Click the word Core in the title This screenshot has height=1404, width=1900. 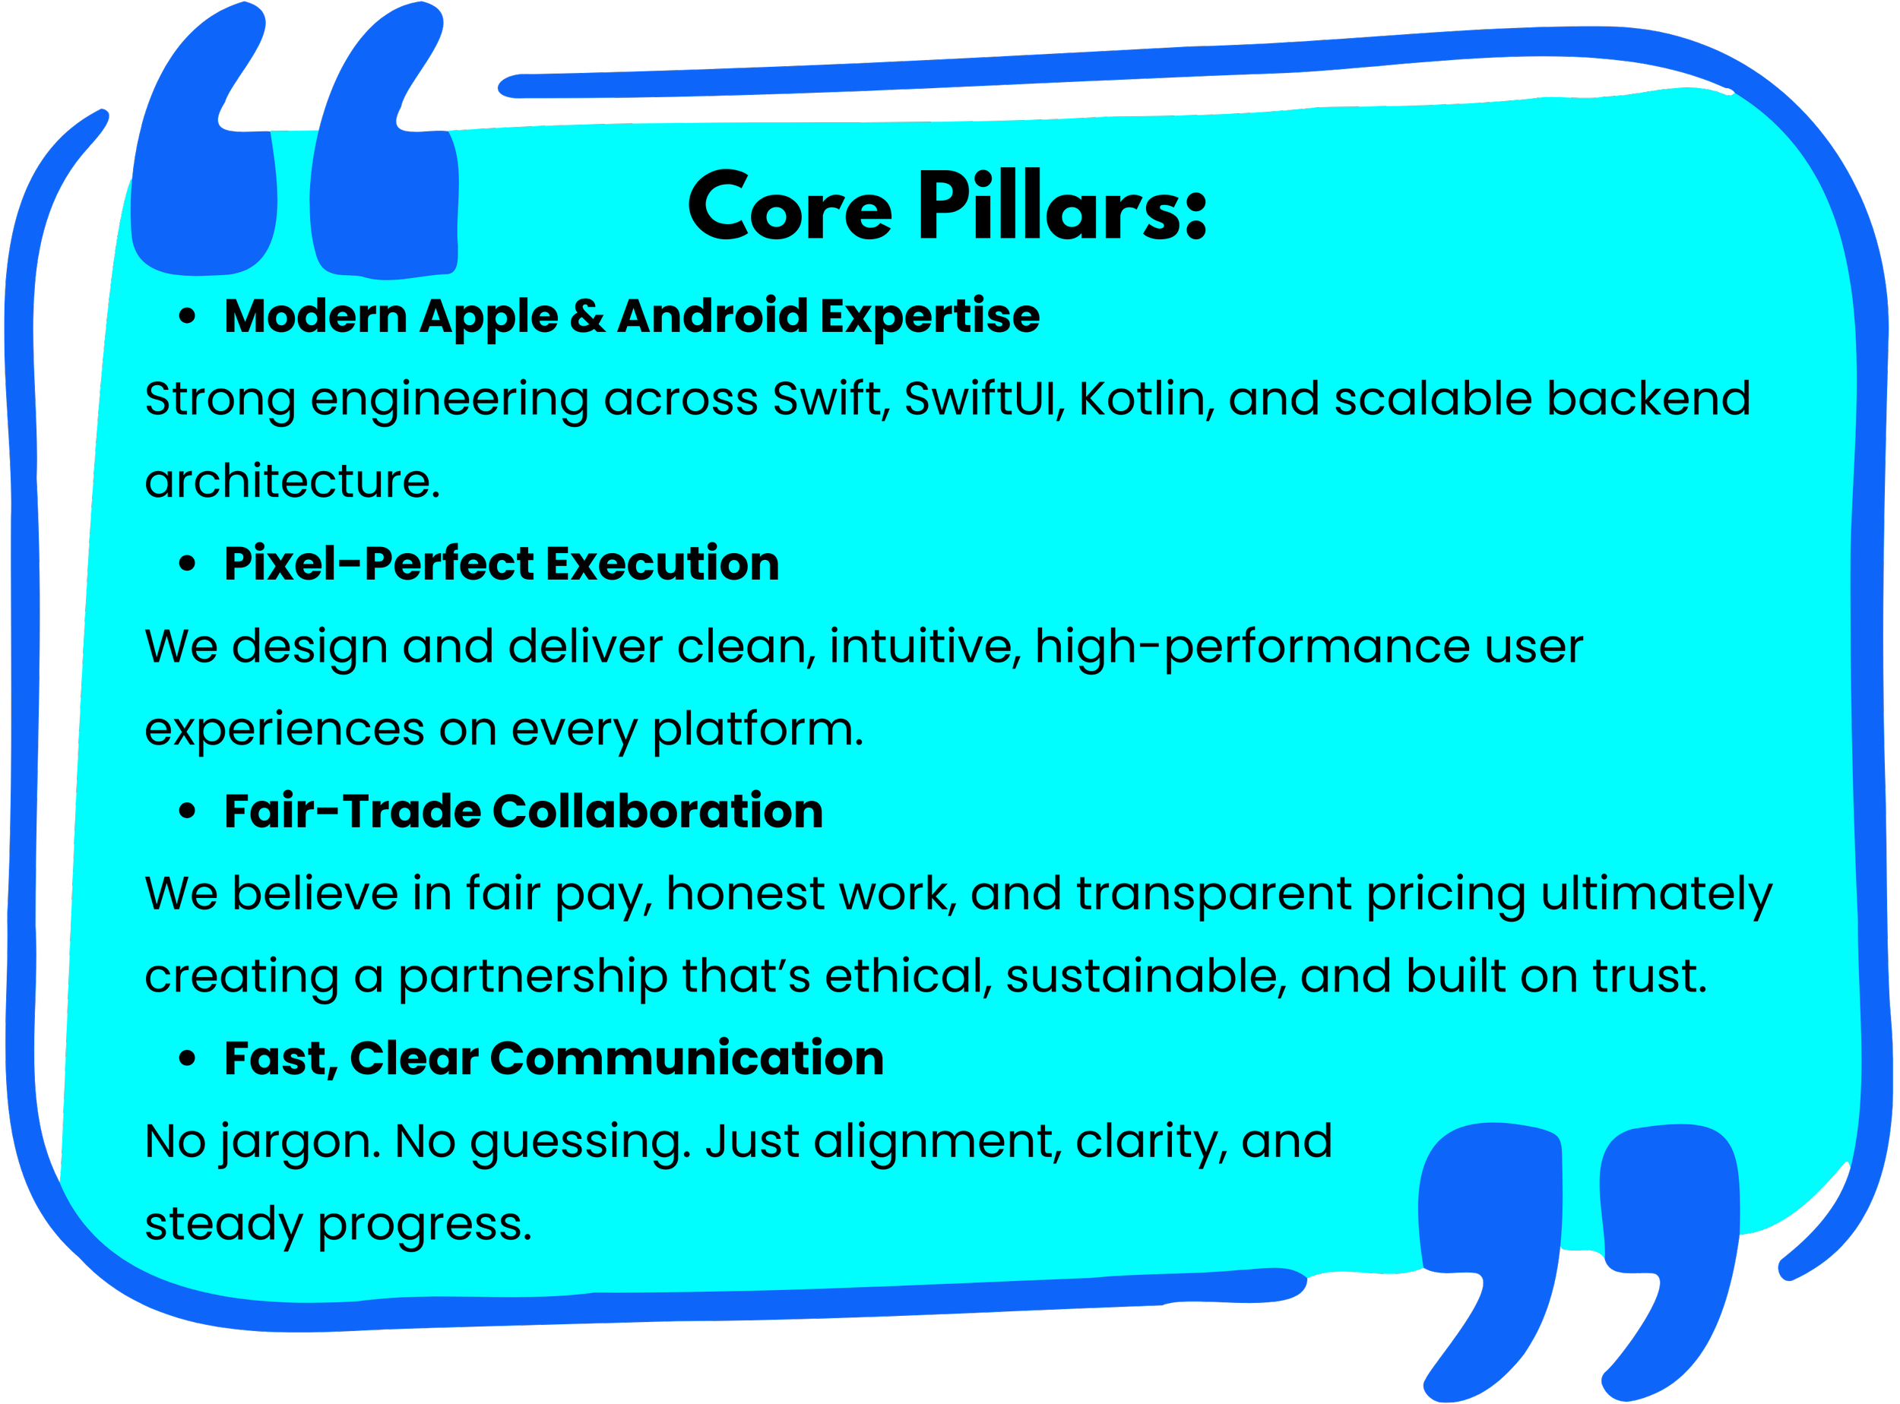[790, 206]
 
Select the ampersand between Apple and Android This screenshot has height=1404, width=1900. [587, 316]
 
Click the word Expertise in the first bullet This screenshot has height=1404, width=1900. [930, 317]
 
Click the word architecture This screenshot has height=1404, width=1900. [293, 482]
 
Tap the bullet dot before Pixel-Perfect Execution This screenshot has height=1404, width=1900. [188, 564]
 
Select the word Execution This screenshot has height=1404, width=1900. [663, 564]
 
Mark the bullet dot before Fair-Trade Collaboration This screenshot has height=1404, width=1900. [188, 811]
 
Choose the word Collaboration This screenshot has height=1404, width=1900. [658, 811]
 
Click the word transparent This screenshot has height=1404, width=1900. [1214, 894]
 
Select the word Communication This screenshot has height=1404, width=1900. [687, 1059]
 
